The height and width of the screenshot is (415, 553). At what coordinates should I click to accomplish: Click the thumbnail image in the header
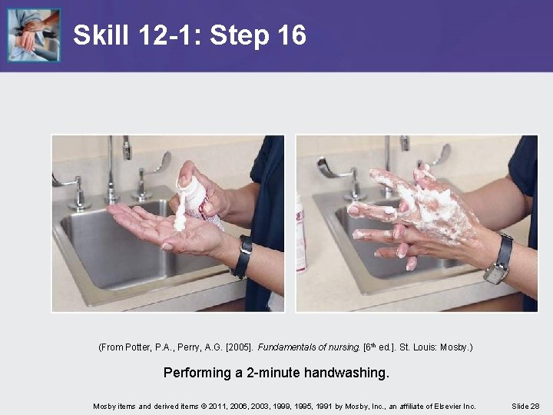tap(34, 35)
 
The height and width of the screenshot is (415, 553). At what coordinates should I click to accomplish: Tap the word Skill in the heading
tap(101, 35)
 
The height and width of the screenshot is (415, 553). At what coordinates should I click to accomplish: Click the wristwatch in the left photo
tap(243, 256)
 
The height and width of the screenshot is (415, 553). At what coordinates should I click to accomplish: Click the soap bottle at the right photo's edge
tap(301, 234)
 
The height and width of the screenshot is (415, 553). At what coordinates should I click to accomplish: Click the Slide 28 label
tap(525, 407)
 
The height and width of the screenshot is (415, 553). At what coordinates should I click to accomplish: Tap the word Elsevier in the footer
tap(448, 407)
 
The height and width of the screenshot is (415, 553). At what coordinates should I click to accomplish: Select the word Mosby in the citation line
tap(455, 347)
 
